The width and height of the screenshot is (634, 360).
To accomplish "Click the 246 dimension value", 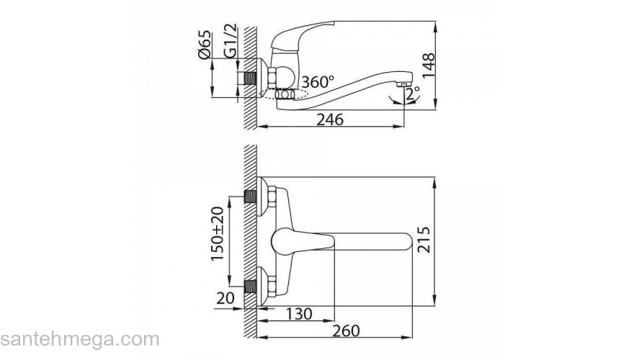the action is [330, 120].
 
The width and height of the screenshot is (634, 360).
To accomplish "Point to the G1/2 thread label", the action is [230, 40].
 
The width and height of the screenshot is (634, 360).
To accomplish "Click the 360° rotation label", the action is [318, 82].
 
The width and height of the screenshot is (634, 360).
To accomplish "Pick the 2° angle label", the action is [412, 94].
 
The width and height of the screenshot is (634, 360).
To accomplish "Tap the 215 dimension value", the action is [424, 240].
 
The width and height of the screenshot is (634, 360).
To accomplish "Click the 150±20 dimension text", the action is [217, 234].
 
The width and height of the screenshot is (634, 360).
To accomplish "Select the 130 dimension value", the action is [299, 313].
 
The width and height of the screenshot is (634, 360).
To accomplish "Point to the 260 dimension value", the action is [346, 330].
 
